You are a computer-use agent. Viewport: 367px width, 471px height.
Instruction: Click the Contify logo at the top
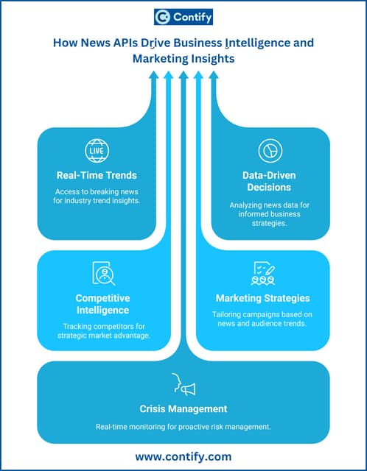[x=183, y=18]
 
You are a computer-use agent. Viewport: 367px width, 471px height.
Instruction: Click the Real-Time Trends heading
[x=97, y=175]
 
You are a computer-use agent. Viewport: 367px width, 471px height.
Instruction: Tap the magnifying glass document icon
[x=102, y=273]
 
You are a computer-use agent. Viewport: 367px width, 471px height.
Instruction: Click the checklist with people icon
[x=264, y=273]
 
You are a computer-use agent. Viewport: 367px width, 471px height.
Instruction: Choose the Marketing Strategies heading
[x=264, y=298]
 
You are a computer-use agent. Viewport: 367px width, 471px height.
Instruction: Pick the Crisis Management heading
[x=183, y=408]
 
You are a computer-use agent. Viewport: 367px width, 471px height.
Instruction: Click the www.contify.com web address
[x=183, y=456]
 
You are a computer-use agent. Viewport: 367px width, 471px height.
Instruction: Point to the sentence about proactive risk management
[x=183, y=427]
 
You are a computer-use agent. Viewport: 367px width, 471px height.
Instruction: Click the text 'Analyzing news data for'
[x=269, y=208]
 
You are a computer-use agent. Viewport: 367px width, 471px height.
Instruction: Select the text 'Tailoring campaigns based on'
[x=264, y=314]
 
